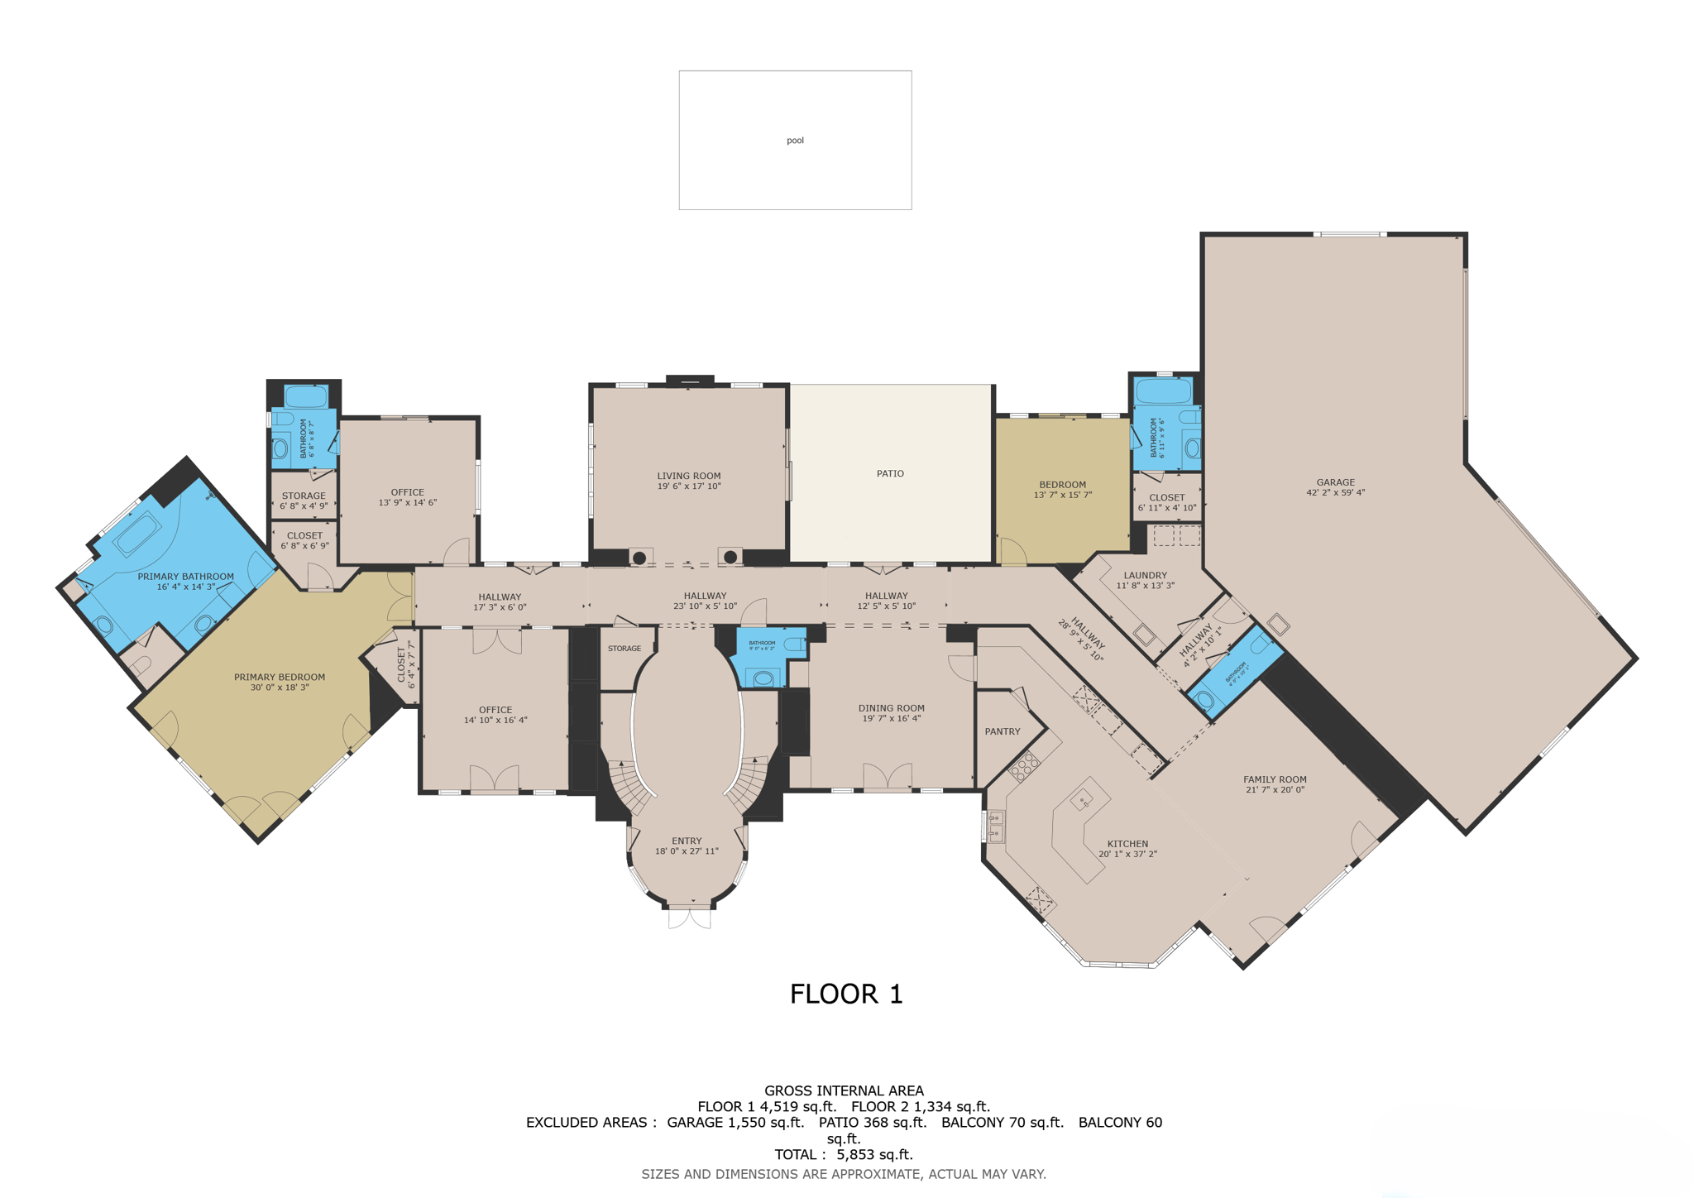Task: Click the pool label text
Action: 795,141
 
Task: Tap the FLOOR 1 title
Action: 845,994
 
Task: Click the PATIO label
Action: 890,474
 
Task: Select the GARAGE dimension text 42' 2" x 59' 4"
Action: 1335,493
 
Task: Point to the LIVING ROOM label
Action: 688,476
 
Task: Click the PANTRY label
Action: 1003,731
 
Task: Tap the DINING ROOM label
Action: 891,708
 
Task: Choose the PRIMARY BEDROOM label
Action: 280,677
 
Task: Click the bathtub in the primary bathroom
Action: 137,534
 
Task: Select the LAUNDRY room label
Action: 1145,575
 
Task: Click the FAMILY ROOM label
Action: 1275,779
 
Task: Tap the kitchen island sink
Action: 1082,800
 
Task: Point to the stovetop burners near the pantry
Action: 1024,766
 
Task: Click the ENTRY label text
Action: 687,841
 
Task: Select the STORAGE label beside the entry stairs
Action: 624,649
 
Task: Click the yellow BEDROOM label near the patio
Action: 1062,485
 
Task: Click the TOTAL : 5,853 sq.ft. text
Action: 844,1154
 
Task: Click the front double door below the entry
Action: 690,917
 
